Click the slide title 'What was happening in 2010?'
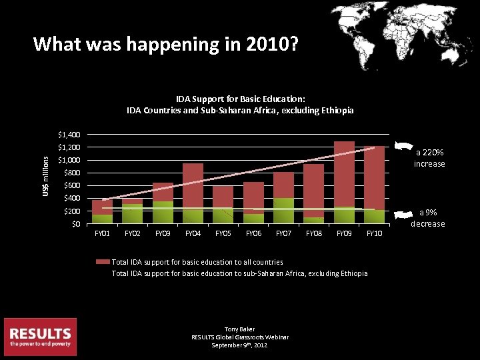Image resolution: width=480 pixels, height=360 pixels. click(x=166, y=45)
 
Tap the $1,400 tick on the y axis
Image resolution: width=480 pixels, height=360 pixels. click(x=69, y=135)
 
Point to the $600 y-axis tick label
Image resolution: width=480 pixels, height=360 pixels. click(x=71, y=186)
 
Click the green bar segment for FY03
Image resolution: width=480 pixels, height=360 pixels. click(x=163, y=212)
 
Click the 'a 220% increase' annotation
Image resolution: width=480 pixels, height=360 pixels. click(x=429, y=158)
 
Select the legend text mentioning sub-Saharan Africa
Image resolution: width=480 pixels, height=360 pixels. click(x=239, y=273)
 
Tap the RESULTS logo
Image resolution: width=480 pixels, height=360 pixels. click(x=40, y=337)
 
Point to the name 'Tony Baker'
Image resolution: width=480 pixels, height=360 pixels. click(x=239, y=329)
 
